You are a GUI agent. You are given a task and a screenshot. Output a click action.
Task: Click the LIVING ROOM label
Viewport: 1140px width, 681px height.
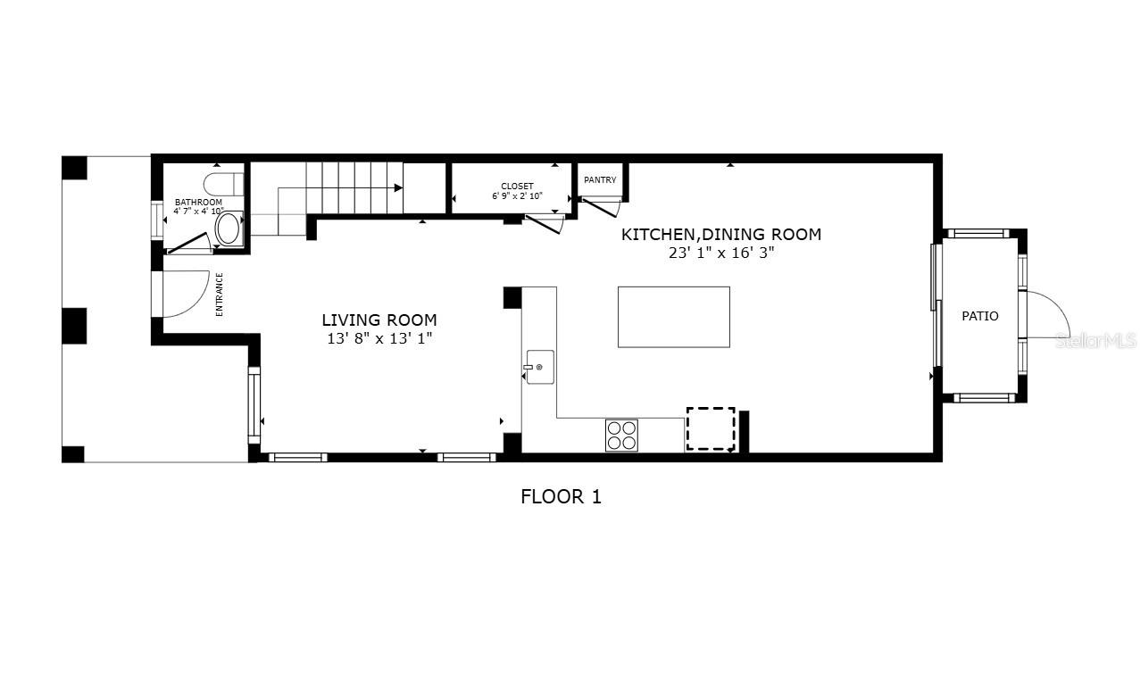379,320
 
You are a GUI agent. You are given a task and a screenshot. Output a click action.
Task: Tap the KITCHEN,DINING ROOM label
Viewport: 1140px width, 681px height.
721,235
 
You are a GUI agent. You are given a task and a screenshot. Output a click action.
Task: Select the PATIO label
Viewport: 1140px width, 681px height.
979,316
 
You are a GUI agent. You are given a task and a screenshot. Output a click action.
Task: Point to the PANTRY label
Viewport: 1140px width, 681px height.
600,179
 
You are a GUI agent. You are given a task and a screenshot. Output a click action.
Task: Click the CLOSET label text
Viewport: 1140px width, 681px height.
517,187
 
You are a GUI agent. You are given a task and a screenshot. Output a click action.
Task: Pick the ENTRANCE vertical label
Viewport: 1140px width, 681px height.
220,295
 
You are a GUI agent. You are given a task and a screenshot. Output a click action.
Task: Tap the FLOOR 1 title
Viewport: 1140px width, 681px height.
561,497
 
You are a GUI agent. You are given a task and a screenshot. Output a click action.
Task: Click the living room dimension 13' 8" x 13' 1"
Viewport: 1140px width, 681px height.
379,338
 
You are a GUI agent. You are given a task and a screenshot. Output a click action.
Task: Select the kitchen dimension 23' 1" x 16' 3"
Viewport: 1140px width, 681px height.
721,253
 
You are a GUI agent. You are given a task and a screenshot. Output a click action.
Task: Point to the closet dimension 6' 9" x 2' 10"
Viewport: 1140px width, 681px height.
517,196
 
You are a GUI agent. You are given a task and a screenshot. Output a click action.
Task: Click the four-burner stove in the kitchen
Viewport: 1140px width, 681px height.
621,436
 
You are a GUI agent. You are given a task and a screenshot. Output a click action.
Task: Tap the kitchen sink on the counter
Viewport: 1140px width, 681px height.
540,367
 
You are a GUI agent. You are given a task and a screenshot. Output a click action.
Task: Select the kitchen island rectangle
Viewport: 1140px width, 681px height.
674,317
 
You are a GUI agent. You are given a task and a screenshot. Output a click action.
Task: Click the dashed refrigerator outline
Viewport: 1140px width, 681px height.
711,428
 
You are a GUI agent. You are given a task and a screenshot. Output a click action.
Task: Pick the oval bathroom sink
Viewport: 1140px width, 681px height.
228,229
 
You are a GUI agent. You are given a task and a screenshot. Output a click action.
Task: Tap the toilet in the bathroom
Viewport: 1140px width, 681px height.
223,184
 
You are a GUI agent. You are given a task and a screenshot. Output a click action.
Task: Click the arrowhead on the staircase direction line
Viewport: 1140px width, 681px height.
398,187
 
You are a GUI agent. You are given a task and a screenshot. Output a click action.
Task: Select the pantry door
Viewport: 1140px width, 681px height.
600,208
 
